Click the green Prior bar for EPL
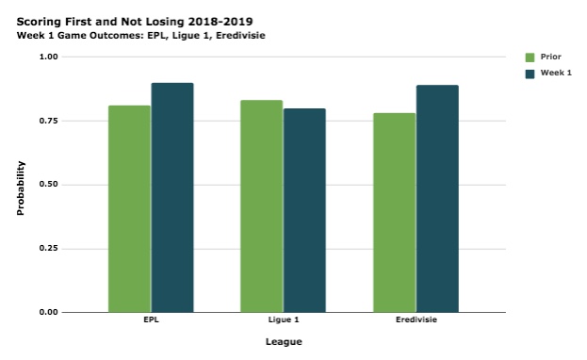click(x=129, y=208)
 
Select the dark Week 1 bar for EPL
click(x=172, y=197)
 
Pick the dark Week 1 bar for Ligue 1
click(x=304, y=210)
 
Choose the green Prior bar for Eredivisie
click(x=394, y=212)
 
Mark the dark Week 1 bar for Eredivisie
click(x=437, y=198)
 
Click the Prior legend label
click(x=551, y=57)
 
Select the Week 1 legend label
click(x=556, y=73)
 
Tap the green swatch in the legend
click(x=530, y=57)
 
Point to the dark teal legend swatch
click(x=530, y=73)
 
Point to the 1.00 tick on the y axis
click(x=47, y=57)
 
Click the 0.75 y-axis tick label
click(x=47, y=121)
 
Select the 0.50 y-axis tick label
click(x=47, y=185)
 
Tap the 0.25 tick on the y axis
click(x=47, y=249)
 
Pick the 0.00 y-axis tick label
click(x=47, y=312)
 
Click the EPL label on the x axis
click(x=151, y=321)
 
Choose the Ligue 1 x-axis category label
click(x=283, y=321)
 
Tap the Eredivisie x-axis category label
click(x=416, y=321)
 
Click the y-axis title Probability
click(x=21, y=188)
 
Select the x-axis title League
click(x=283, y=342)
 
